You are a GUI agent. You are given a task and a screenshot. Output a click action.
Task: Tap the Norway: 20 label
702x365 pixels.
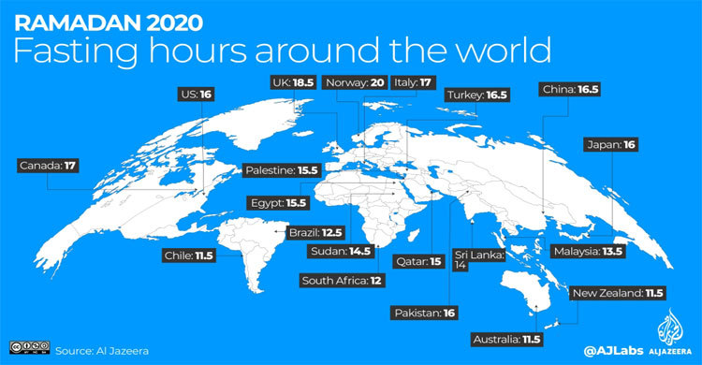click(354, 82)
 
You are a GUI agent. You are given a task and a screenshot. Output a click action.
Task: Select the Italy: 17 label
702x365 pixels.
click(412, 82)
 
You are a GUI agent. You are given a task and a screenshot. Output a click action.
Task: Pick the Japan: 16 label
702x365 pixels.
click(610, 144)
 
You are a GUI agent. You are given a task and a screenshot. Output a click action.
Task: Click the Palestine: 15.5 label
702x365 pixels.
click(283, 171)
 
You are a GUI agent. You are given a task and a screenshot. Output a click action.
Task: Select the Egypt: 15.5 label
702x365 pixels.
click(278, 202)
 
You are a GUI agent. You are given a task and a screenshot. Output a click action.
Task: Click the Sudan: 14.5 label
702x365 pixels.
click(339, 251)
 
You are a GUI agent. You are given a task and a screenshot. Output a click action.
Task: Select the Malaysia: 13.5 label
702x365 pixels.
click(587, 251)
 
